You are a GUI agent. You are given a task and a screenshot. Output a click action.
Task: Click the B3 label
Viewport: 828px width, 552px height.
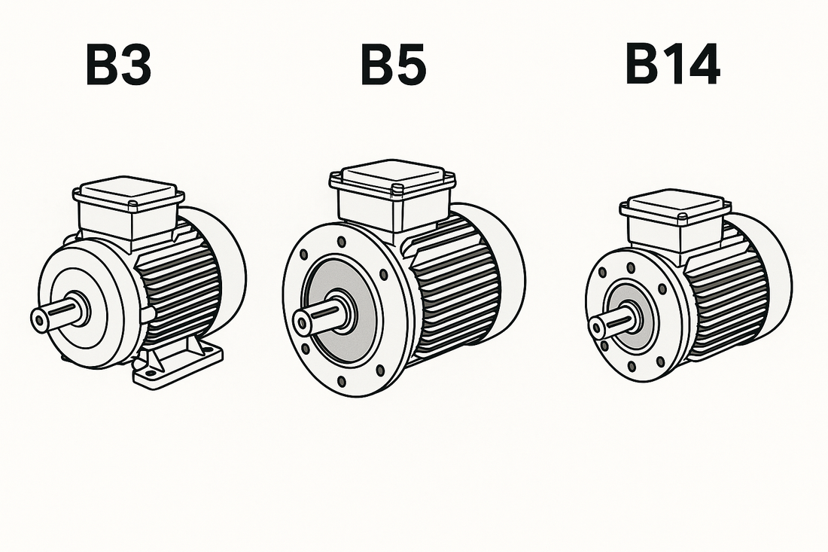pos(118,66)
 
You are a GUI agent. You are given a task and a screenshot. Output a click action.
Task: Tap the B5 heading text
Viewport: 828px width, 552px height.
pos(394,66)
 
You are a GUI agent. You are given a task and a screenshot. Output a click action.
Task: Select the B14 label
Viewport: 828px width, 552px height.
pos(672,65)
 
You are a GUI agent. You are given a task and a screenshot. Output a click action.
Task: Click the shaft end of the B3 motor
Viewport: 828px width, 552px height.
pos(40,319)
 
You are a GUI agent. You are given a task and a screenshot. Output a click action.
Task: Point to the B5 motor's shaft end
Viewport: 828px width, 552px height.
pos(302,322)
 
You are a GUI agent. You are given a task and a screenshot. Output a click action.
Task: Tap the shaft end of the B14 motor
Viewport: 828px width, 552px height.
pos(597,326)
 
